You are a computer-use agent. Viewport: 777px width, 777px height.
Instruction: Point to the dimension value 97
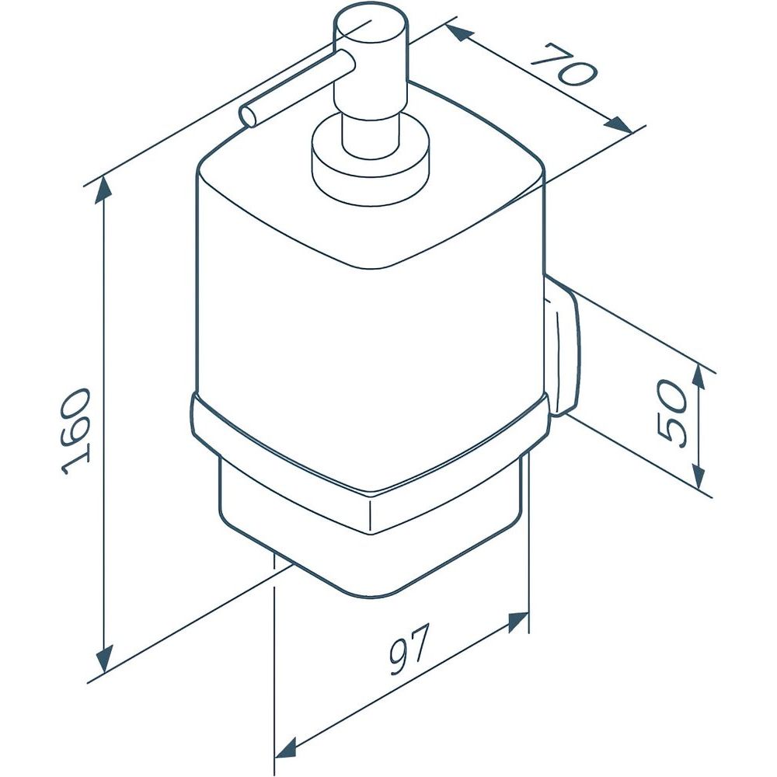407,650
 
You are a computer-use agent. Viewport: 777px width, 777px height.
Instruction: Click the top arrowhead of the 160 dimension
103,190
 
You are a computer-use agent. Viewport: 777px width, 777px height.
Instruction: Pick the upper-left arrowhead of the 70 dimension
458,33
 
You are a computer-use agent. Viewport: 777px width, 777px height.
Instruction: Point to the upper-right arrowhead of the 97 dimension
517,622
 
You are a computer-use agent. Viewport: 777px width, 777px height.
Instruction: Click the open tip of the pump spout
249,117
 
